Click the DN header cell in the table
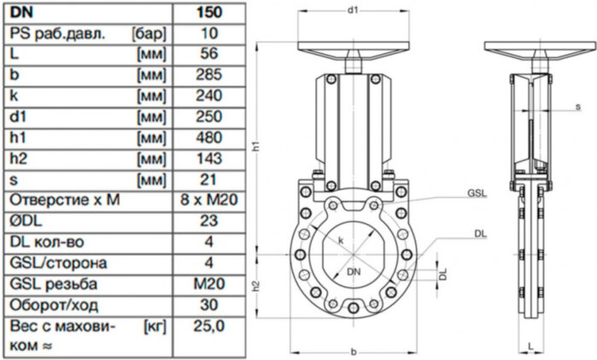point(20,12)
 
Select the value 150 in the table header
point(207,12)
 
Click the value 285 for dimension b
point(207,75)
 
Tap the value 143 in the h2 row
point(207,159)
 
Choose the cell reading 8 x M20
point(207,200)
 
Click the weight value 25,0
point(207,326)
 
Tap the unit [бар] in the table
point(148,33)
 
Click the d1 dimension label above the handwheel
point(351,9)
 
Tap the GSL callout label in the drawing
point(476,194)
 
